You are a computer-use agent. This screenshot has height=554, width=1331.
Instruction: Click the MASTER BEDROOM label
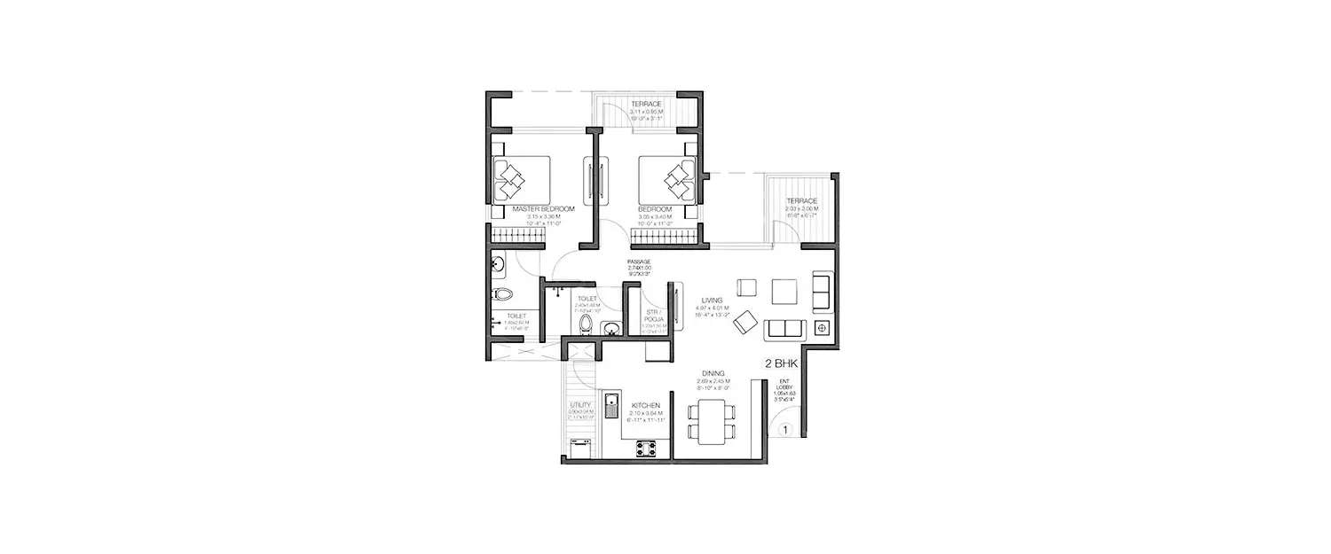(543, 209)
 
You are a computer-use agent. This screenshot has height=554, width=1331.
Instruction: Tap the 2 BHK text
(779, 363)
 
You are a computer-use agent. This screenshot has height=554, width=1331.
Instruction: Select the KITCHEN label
(647, 404)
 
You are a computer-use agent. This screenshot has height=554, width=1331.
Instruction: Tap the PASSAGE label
(639, 262)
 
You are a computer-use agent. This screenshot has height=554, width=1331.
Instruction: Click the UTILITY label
(581, 406)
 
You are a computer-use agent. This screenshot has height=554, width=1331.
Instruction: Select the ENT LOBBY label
(784, 384)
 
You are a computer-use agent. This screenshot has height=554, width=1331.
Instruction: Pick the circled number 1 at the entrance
(785, 431)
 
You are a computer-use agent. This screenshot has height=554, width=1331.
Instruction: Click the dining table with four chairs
(712, 421)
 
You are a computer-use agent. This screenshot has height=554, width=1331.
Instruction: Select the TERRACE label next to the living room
(800, 202)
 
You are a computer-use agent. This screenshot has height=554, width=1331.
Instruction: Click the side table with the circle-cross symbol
(822, 329)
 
